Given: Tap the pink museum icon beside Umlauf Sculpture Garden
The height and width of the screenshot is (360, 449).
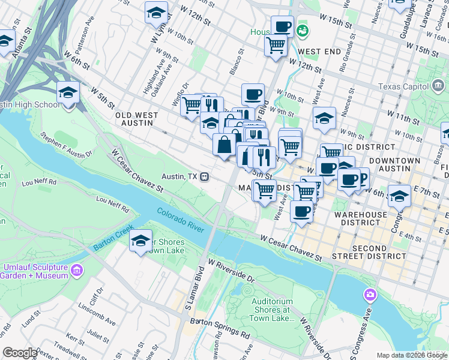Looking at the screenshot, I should point(76,270).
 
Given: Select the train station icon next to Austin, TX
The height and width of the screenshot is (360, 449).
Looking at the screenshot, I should point(205,176).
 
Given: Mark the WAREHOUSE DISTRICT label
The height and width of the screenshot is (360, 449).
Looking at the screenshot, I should point(361,219).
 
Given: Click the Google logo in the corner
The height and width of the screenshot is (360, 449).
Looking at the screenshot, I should point(20,352).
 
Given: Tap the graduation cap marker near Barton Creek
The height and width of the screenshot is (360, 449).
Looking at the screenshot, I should point(140,241).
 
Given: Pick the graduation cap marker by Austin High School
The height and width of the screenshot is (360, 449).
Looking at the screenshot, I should point(68,92).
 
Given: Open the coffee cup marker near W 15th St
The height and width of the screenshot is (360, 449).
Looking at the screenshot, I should point(282,26).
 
